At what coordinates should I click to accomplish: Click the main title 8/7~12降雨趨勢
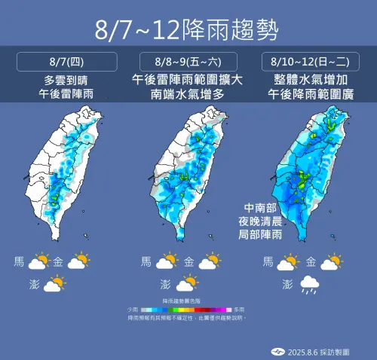[x=188, y=30]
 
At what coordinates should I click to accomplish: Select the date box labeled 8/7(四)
[x=62, y=61]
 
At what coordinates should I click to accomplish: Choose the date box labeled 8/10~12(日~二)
[x=315, y=61]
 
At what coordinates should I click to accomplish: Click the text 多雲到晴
[x=62, y=78]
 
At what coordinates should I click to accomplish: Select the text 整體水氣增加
[x=315, y=78]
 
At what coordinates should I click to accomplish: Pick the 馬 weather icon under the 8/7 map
[x=38, y=262]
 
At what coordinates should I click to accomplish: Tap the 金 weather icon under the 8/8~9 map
[x=210, y=262]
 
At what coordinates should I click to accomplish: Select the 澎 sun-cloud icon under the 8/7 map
[x=54, y=284]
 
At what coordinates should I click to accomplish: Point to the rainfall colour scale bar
[x=188, y=310]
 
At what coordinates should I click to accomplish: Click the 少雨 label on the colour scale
[x=133, y=310]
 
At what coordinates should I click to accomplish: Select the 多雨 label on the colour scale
[x=239, y=310]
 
